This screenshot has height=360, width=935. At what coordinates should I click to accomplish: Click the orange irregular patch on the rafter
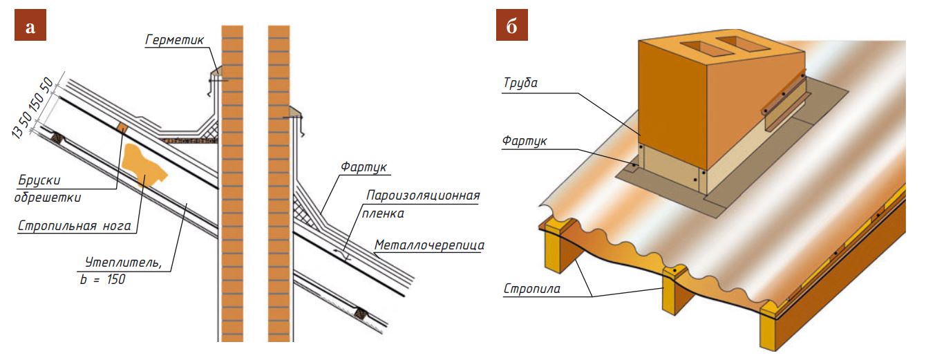click(145, 166)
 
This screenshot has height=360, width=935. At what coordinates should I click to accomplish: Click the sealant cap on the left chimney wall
click(215, 72)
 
